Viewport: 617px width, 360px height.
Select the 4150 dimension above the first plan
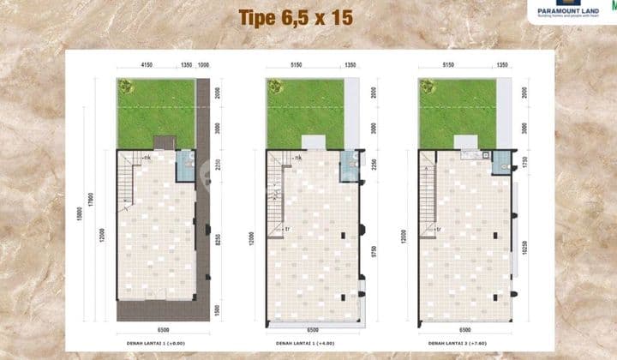(x=148, y=64)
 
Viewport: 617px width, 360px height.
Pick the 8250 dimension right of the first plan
(x=218, y=243)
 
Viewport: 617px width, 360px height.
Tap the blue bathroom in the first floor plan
(x=185, y=167)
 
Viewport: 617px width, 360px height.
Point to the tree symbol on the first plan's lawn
(x=126, y=86)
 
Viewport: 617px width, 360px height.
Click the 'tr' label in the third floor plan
(x=439, y=229)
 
